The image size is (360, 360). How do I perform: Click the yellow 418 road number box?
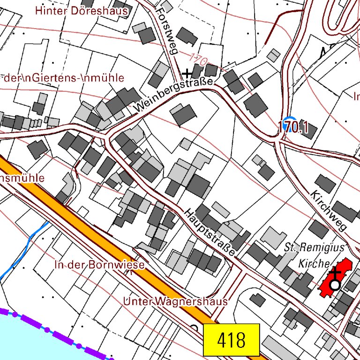pos(231,339)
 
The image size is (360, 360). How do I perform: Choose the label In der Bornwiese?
pos(99,264)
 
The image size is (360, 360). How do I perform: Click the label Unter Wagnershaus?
pos(175,301)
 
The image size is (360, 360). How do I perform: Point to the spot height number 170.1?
pos(292,127)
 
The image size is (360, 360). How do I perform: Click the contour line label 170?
pos(199,60)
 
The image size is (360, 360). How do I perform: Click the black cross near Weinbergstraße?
pos(187,73)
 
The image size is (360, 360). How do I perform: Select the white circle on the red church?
pos(334,285)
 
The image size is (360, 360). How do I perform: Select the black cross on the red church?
pos(335,272)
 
